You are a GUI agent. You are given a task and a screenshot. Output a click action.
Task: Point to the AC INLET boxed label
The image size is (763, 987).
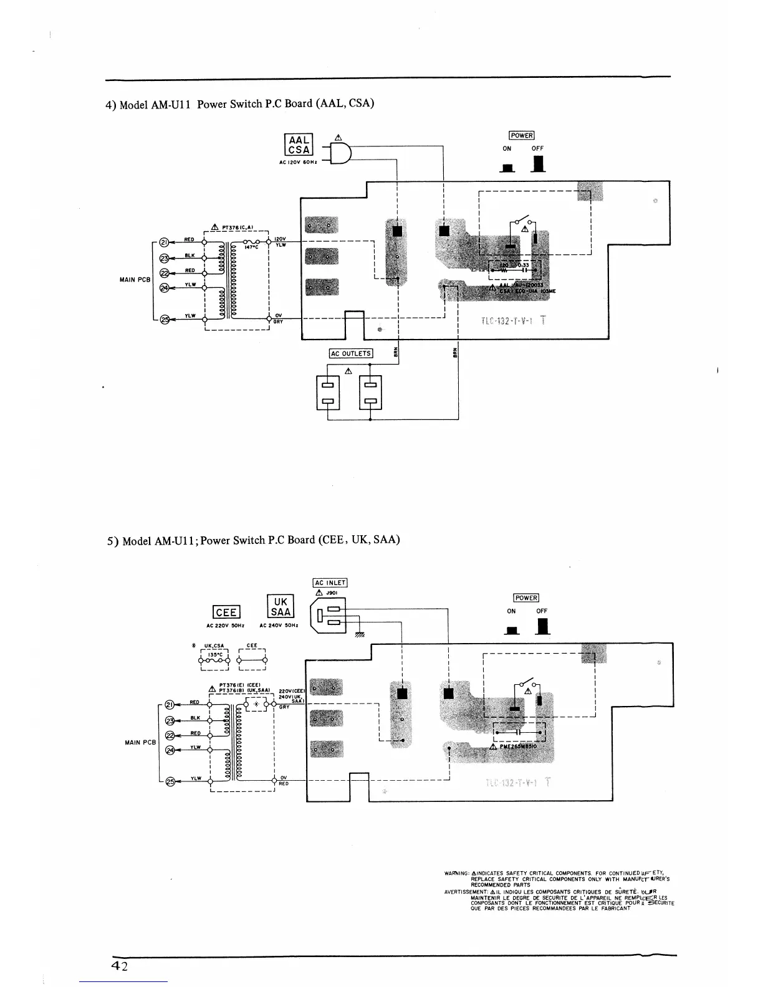(330, 583)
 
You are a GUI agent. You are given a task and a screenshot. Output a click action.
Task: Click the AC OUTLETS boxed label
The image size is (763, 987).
(351, 354)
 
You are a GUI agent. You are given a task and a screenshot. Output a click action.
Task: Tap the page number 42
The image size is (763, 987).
(120, 966)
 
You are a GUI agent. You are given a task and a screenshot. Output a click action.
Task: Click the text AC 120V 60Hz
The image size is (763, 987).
(299, 163)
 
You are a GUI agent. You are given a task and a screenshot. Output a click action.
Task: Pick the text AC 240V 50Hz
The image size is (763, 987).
(279, 626)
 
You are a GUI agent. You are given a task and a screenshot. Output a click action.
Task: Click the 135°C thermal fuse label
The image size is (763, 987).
(213, 654)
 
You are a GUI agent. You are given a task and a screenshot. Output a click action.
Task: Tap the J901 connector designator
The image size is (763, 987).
(332, 593)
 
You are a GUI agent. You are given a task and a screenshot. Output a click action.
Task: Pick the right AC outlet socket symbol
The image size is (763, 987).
(370, 392)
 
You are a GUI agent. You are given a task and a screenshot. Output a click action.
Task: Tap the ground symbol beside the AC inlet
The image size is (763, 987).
(360, 635)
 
